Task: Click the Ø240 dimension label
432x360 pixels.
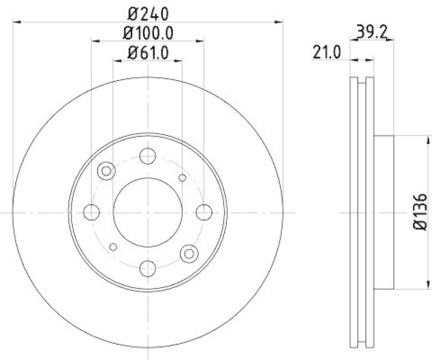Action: coord(147,11)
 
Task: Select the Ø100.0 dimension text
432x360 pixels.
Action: coord(147,34)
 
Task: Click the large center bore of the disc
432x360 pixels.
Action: coord(147,212)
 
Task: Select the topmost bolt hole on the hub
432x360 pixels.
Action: coord(147,156)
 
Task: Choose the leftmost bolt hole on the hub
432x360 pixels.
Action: coord(92,212)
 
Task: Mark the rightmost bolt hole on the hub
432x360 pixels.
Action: coord(203,212)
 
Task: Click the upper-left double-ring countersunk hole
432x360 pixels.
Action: coord(106,171)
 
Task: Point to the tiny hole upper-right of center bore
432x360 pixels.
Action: coord(182,178)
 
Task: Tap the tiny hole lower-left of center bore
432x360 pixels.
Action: coord(113,246)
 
